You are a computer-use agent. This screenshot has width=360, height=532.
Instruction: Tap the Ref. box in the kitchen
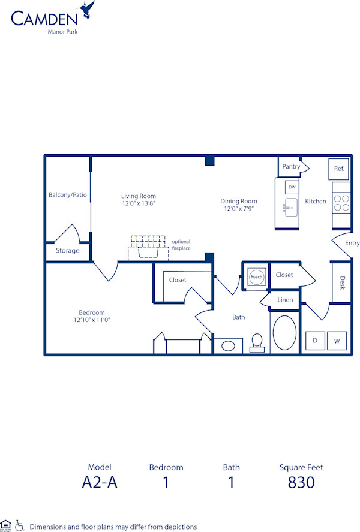tap(339, 169)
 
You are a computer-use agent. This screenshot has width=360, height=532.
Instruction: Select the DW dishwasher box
tap(292, 187)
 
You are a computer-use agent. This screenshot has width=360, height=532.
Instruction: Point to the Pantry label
tap(291, 166)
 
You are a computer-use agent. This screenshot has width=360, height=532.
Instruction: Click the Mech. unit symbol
tap(257, 277)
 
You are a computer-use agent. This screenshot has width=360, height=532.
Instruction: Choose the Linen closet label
tap(285, 300)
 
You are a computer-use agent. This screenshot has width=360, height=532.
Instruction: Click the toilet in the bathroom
tap(257, 341)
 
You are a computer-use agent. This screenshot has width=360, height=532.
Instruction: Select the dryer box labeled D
tap(315, 341)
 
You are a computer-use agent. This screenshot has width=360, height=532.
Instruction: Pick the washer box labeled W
tap(337, 341)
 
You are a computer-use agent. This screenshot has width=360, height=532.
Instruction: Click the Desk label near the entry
tap(342, 283)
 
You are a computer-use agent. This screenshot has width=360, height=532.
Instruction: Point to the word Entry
tap(352, 243)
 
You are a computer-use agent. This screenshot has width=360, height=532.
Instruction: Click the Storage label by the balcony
tap(67, 251)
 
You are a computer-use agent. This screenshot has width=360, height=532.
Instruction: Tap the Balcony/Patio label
tap(67, 195)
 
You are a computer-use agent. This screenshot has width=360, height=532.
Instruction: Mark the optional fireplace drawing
tap(148, 247)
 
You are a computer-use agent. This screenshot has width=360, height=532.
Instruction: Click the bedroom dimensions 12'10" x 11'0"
tap(92, 320)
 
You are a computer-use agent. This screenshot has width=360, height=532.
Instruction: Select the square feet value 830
tap(301, 482)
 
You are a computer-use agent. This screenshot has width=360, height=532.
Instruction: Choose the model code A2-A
tap(100, 482)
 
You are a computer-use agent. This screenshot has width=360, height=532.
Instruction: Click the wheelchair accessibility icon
tap(20, 525)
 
